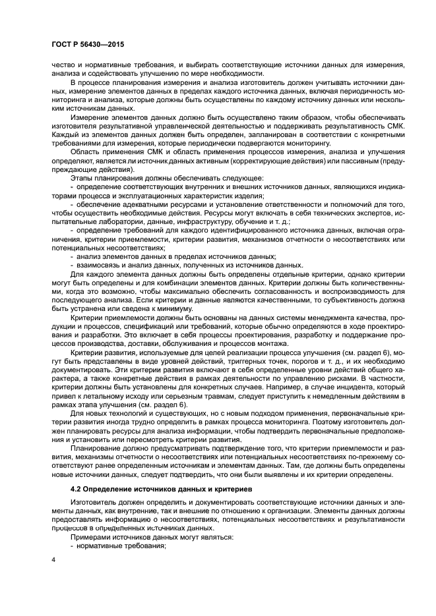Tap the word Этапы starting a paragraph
(82, 179)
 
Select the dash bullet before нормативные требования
(72, 546)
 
